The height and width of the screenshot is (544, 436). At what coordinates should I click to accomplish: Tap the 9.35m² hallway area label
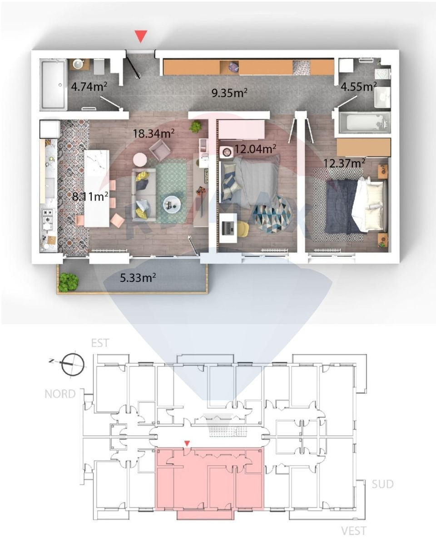tap(230, 93)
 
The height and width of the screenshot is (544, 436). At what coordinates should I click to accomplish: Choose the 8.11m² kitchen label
tap(90, 197)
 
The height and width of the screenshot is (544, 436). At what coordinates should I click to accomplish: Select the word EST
tap(100, 343)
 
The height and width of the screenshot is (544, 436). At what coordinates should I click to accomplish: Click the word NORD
tap(60, 393)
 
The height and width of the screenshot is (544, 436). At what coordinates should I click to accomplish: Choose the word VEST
tap(354, 530)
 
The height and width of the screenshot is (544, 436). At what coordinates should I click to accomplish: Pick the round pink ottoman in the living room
tap(140, 159)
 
